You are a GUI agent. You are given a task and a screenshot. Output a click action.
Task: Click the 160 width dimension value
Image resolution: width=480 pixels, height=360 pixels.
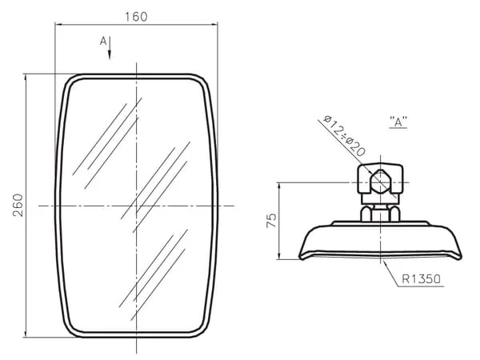pyautogui.click(x=136, y=17)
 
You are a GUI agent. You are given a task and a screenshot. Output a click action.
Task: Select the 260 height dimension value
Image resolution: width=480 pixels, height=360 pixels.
pyautogui.click(x=18, y=205)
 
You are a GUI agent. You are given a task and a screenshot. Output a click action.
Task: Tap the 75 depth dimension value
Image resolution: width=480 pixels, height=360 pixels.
pyautogui.click(x=271, y=221)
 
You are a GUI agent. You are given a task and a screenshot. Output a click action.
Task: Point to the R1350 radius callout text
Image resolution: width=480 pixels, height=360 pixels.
pyautogui.click(x=422, y=279)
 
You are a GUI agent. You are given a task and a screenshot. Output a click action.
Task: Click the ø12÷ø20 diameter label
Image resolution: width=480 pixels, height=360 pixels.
pyautogui.click(x=344, y=135)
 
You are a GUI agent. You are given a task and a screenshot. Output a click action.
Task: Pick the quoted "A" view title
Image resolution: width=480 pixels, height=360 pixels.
pyautogui.click(x=398, y=122)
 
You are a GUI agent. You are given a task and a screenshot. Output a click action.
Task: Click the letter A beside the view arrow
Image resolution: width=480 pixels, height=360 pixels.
pyautogui.click(x=103, y=41)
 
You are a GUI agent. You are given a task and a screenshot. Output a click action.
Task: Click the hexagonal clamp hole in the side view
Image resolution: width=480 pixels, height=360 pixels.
pyautogui.click(x=380, y=182)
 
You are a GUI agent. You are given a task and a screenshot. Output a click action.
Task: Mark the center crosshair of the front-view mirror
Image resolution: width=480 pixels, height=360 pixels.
pyautogui.click(x=137, y=206)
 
